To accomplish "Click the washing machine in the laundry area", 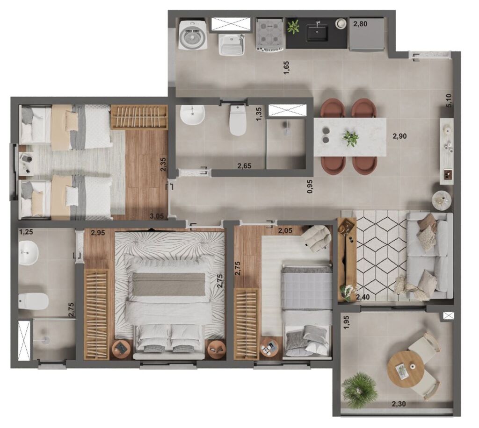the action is tap(193, 35).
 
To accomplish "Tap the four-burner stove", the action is tap(270, 34).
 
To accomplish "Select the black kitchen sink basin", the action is tap(318, 33).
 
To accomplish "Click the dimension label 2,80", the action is tap(360, 24).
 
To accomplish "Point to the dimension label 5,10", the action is tap(449, 100).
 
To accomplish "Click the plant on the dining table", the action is tap(351, 138).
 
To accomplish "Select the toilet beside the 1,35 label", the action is tap(238, 121).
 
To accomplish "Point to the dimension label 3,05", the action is tap(157, 216).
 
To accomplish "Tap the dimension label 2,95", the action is tap(98, 233).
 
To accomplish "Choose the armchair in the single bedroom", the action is tap(317, 238).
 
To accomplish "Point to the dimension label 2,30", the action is tap(399, 404).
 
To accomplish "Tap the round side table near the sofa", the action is tap(442, 200).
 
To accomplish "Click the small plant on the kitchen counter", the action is tap(294, 27).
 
